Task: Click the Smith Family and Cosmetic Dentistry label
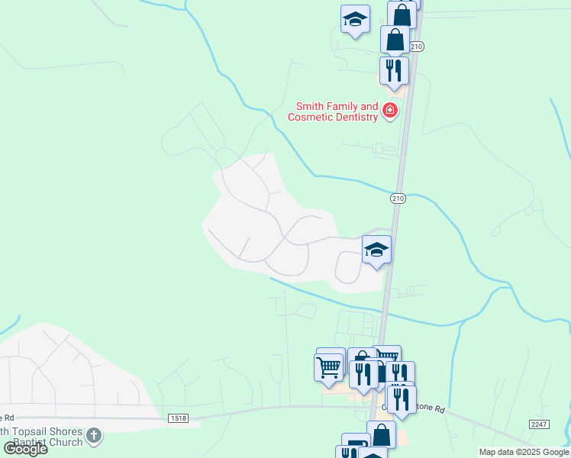[333, 111]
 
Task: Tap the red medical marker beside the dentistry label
[390, 111]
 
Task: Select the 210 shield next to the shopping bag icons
[416, 47]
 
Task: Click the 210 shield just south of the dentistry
[397, 198]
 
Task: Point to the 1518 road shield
[178, 418]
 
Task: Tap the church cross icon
[94, 436]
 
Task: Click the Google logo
[25, 449]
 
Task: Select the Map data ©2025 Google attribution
[523, 452]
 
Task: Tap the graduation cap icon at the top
[355, 19]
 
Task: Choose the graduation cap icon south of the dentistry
[376, 250]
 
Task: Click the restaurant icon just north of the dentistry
[394, 70]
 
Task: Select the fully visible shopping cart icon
[329, 366]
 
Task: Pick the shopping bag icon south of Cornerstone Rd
[381, 435]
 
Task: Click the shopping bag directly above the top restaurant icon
[395, 39]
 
